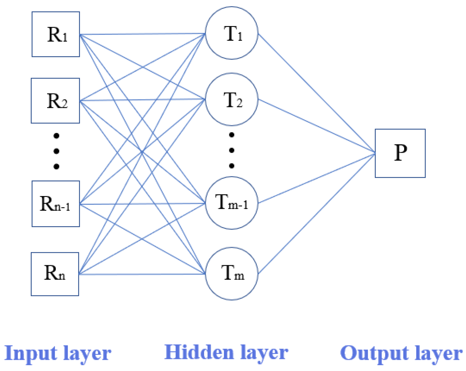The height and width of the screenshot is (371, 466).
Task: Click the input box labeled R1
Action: point(56,34)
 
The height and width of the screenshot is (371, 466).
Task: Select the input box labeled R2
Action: point(55,101)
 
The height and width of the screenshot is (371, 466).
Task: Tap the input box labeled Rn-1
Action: point(56,204)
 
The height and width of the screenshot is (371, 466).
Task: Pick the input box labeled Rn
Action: point(55,274)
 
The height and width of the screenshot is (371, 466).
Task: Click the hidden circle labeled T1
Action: point(232,33)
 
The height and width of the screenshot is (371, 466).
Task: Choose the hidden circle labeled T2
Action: point(232,99)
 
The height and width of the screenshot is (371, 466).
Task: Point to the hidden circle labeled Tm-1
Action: point(232,203)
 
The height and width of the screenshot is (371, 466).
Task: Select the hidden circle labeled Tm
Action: point(232,273)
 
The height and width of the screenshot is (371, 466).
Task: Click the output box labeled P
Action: point(400,153)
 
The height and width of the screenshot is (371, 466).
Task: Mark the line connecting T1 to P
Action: point(317,93)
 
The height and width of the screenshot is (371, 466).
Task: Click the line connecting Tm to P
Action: point(317,214)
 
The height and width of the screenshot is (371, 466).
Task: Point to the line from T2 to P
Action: point(317,126)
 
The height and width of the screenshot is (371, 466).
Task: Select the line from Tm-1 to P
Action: point(317,178)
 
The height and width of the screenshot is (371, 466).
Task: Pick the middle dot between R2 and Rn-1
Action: point(56,151)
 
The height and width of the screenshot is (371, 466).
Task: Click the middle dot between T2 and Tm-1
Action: point(232,150)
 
